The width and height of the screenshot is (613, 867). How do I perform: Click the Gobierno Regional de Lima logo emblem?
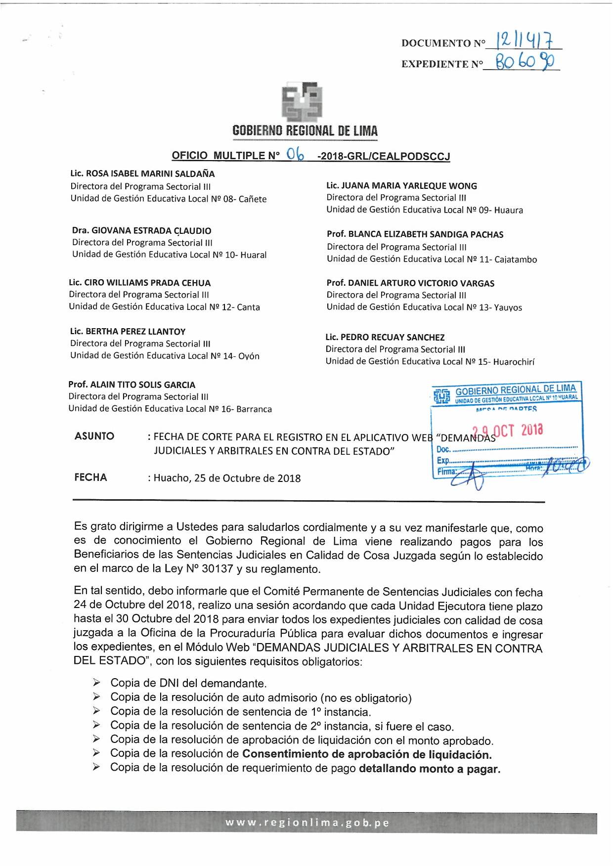[x=302, y=102]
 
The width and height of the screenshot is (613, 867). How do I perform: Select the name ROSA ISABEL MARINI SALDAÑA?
[x=150, y=174]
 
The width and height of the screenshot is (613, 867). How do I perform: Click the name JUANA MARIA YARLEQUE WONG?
[x=409, y=186]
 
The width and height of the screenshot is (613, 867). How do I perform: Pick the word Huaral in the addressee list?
[x=253, y=255]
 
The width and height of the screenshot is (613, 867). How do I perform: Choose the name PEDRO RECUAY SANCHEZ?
[x=393, y=338]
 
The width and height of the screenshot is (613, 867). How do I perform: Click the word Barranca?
[x=254, y=409]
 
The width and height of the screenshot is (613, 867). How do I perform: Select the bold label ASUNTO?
[x=94, y=436]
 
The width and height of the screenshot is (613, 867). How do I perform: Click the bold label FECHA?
[x=90, y=477]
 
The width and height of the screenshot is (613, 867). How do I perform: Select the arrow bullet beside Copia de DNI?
[x=96, y=683]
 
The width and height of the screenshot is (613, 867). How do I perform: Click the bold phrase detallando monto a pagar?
[x=429, y=769]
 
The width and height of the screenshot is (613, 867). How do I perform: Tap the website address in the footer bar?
[x=307, y=823]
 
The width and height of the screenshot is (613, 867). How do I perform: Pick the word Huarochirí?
[x=514, y=362]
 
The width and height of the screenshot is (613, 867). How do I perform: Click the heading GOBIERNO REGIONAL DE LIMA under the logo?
[x=305, y=131]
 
